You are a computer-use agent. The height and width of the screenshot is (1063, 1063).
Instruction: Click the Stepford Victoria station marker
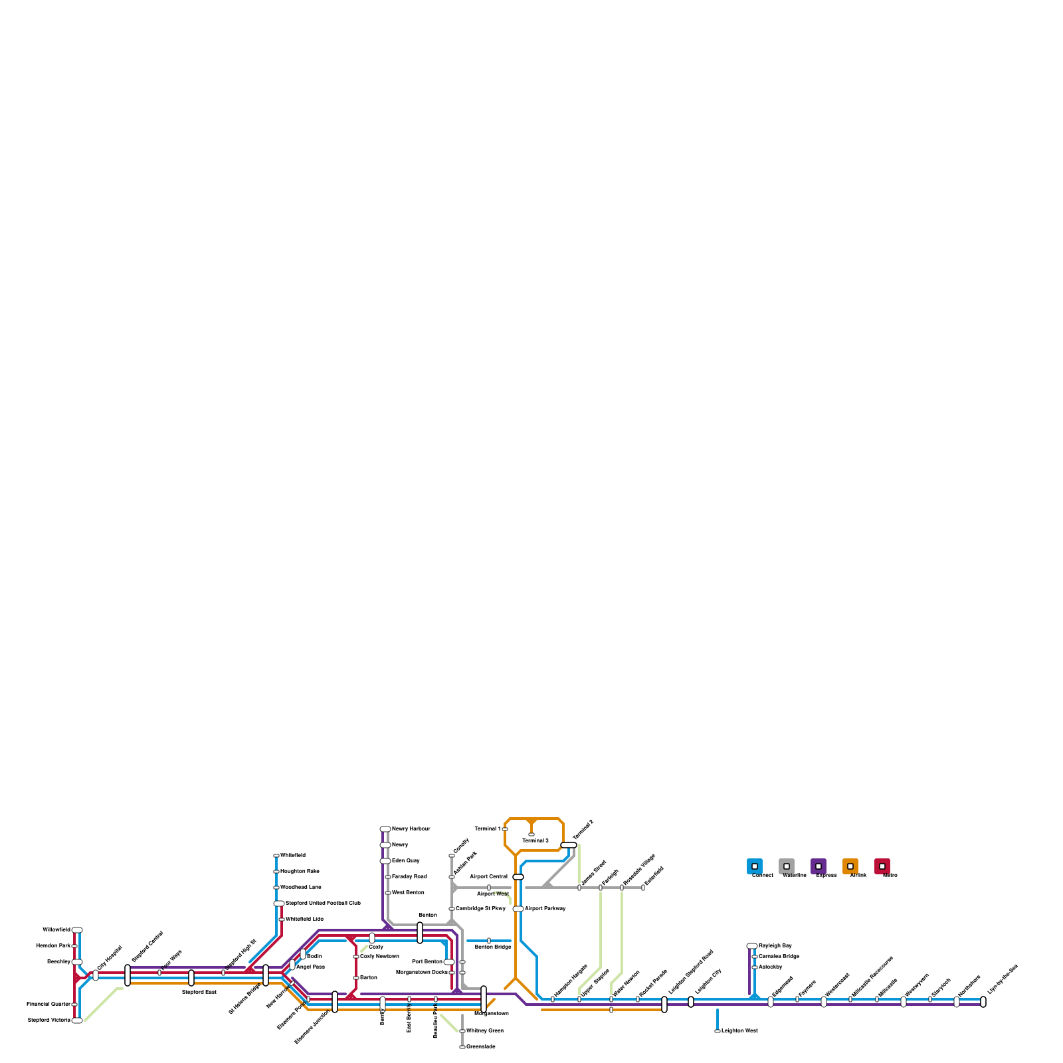coord(77,1020)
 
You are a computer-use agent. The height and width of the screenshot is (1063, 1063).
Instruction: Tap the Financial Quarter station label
coord(48,1005)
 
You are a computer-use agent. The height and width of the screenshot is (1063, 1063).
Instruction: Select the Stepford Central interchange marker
coord(128,975)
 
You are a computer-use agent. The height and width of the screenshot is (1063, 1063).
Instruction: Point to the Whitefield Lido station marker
coord(282,919)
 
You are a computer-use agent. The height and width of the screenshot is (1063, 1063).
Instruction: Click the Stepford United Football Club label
coord(323,904)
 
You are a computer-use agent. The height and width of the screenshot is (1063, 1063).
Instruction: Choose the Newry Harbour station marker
coord(385,829)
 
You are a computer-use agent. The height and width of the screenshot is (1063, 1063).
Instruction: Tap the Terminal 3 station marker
coord(531,834)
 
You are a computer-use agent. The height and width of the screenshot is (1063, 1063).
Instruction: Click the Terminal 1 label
coord(487,829)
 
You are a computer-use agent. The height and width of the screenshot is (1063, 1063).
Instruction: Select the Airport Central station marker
coord(518,877)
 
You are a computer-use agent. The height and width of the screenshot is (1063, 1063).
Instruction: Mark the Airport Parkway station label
coord(545,909)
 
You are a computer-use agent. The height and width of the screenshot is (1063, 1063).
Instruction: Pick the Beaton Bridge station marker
coord(489,941)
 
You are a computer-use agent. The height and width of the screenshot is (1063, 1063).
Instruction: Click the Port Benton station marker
coord(449,962)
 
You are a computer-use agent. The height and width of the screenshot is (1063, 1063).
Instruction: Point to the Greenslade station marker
coord(462,1047)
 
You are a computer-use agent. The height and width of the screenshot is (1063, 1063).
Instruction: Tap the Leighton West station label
coord(739,1031)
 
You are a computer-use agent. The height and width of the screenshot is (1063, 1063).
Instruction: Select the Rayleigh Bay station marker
coord(752,946)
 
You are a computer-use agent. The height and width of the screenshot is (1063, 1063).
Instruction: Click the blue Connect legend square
coord(755,866)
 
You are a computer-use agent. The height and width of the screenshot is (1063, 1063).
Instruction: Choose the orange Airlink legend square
coord(850,866)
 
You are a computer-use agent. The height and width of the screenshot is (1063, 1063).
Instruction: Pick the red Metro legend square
coord(882,866)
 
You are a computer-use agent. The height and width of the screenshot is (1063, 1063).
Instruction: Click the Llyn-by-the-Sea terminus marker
coord(983,1002)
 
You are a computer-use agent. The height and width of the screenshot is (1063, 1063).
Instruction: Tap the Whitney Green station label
coord(484,1031)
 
